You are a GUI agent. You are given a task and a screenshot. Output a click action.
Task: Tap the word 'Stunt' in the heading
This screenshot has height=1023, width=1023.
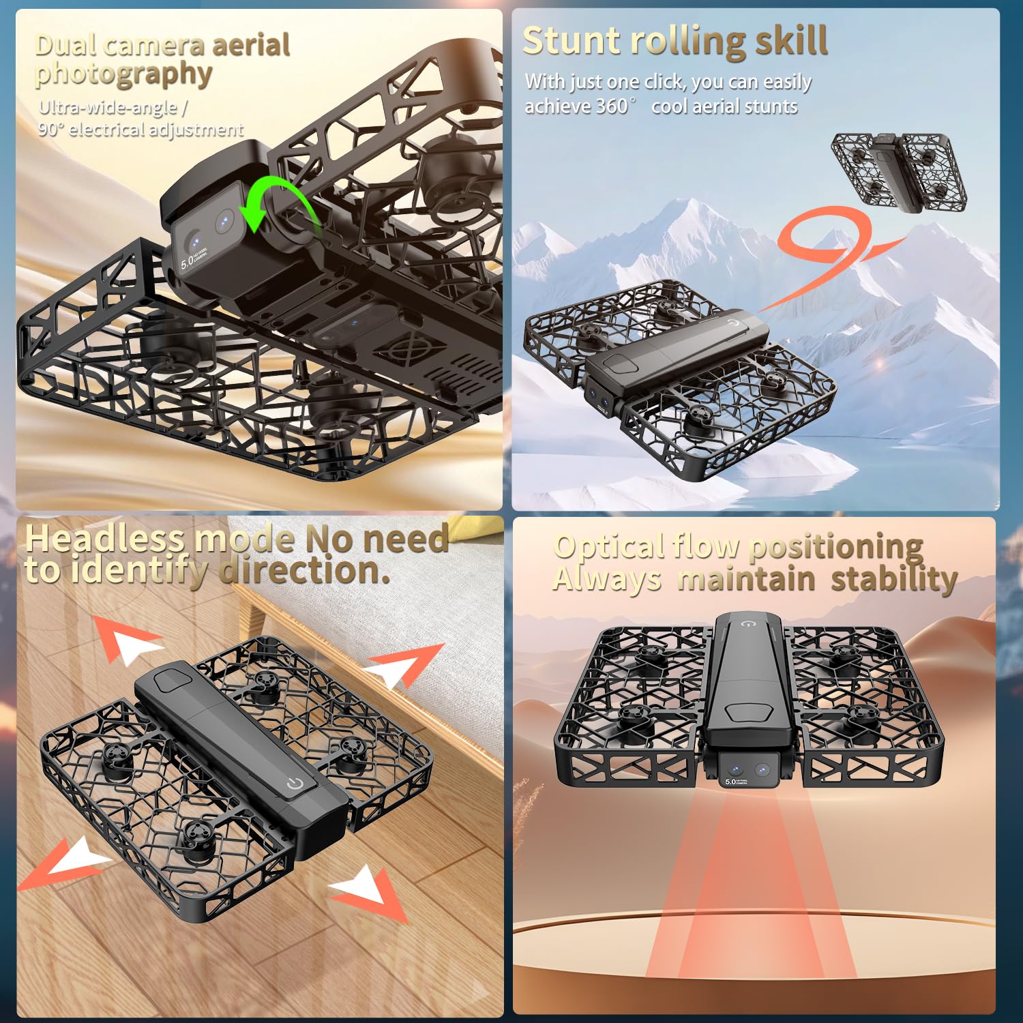click(570, 40)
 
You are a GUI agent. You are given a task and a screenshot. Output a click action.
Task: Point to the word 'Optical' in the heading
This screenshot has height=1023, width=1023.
click(609, 546)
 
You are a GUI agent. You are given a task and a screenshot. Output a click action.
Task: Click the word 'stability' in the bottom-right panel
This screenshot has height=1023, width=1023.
click(893, 580)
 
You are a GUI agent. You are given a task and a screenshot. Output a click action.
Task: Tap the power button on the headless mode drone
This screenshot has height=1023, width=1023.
click(295, 783)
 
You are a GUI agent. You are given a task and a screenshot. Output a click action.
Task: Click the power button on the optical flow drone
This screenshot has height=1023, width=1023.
click(749, 623)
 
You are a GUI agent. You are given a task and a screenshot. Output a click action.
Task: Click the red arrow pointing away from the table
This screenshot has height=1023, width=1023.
click(368, 893)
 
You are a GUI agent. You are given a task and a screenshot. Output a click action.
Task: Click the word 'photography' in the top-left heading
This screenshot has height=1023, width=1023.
click(123, 74)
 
